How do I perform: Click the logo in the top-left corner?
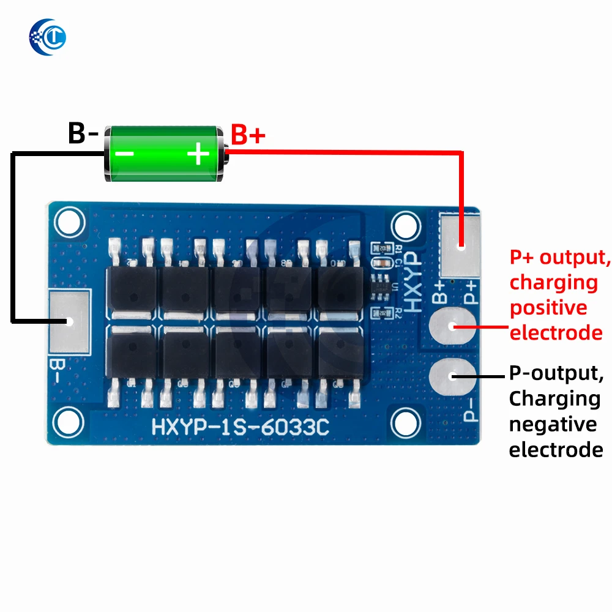pyautogui.click(x=47, y=36)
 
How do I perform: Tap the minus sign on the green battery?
pyautogui.click(x=125, y=153)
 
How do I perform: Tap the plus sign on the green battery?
pyautogui.click(x=198, y=153)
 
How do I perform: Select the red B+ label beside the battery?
pyautogui.click(x=248, y=134)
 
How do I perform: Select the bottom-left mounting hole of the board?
pyautogui.click(x=68, y=420)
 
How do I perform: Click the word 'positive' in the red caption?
pyautogui.click(x=548, y=308)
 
